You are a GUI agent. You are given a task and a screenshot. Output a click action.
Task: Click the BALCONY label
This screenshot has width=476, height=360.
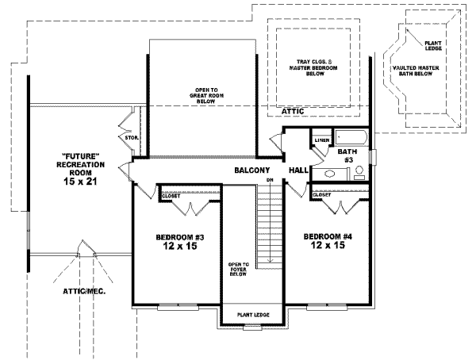point(253,170)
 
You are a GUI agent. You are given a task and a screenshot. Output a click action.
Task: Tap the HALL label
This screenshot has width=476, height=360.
point(298,170)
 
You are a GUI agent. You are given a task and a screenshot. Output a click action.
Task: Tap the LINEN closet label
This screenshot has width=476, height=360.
point(321,140)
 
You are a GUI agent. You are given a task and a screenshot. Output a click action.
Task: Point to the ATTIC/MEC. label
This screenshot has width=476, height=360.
point(84,291)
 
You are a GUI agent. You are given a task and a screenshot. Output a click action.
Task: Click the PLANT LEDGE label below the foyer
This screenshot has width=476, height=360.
point(255,316)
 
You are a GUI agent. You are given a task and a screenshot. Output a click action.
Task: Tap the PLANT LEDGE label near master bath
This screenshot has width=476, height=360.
point(433,45)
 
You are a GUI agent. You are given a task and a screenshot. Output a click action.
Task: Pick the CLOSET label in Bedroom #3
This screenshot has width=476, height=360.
point(171,195)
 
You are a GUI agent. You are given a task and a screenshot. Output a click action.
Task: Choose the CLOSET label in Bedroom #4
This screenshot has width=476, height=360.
point(321,194)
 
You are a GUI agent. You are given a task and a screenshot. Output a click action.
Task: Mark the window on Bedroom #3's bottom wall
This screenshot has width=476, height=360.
point(178,305)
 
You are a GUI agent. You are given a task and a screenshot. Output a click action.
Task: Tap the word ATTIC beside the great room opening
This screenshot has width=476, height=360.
point(293,112)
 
